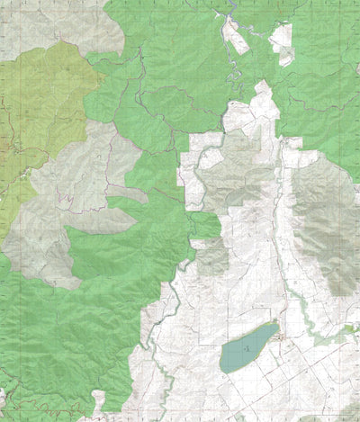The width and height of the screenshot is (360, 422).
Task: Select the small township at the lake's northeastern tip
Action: pyautogui.click(x=282, y=337)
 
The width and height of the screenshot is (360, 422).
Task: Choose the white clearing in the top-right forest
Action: pyautogui.click(x=283, y=40)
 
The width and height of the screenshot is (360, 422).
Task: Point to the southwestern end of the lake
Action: pyautogui.click(x=225, y=367)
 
